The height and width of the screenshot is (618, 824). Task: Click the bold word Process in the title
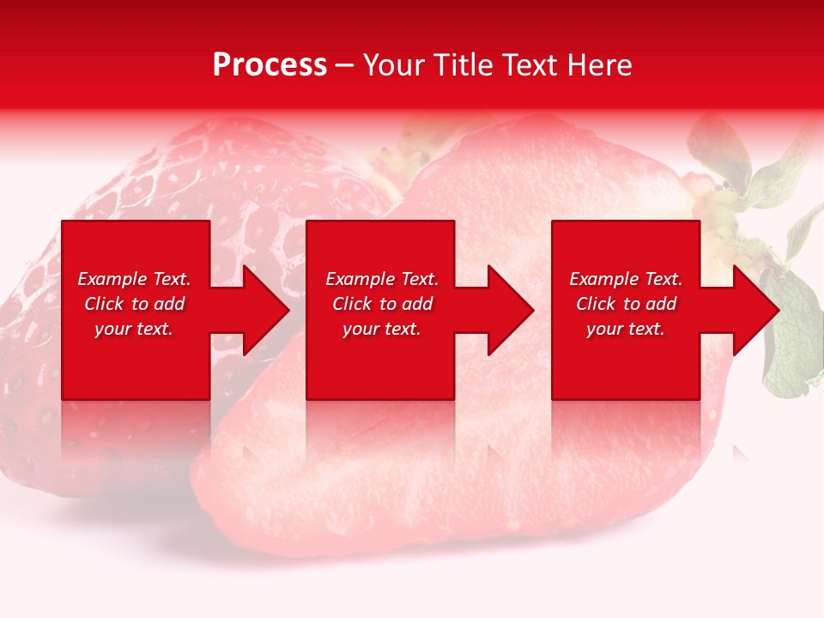(270, 65)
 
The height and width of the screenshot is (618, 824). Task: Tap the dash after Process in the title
(345, 66)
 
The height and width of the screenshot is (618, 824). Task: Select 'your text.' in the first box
(134, 329)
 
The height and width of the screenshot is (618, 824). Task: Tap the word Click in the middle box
(350, 304)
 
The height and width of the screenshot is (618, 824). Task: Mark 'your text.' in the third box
(626, 329)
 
